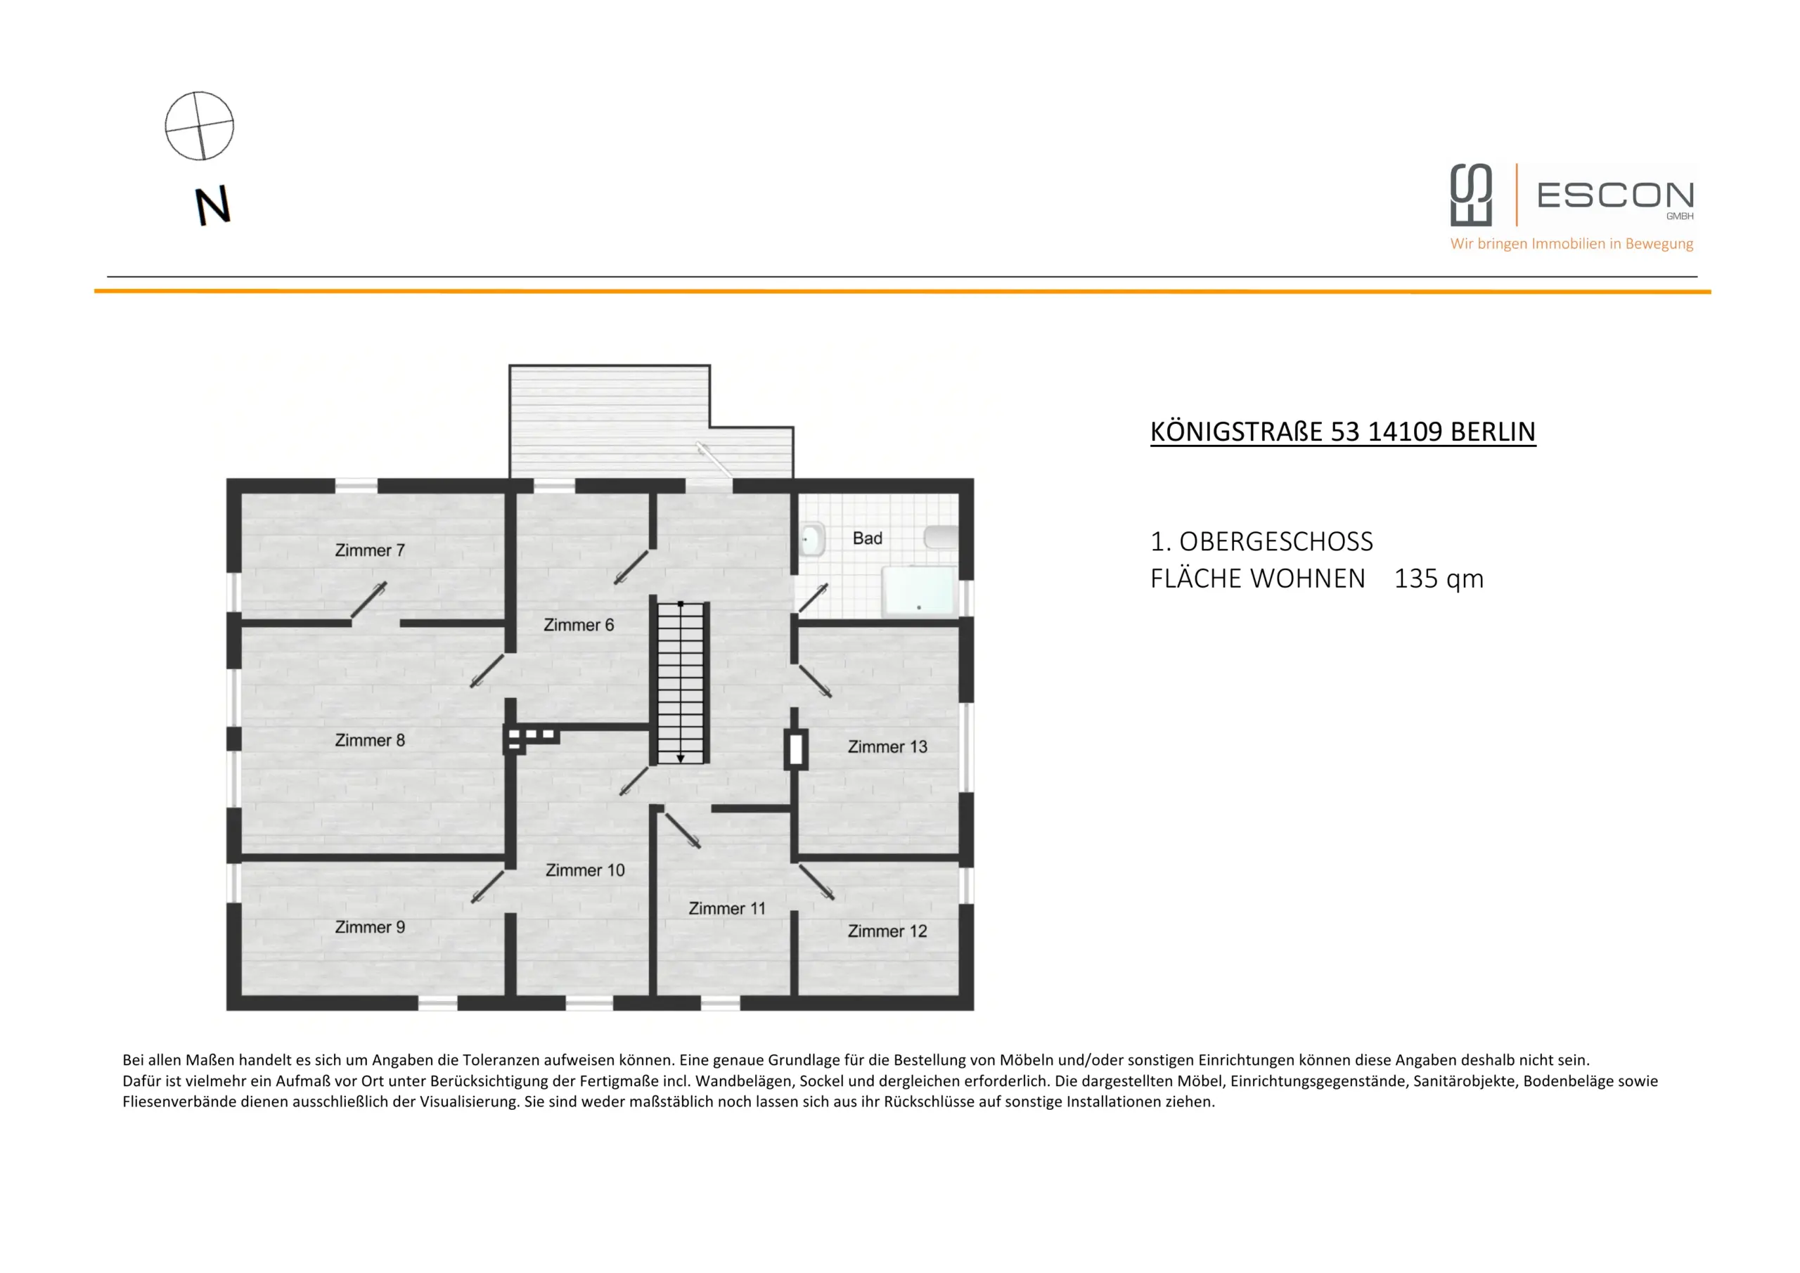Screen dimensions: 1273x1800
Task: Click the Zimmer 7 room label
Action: [x=369, y=550]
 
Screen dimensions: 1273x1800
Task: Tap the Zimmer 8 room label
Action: [x=369, y=740]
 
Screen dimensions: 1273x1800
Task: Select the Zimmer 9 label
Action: [x=369, y=927]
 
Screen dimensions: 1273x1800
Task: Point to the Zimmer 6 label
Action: [x=579, y=625]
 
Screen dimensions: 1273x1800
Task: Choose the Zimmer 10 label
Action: [x=585, y=870]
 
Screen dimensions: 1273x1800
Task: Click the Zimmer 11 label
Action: [x=727, y=908]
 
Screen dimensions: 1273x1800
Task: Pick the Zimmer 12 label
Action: [x=887, y=931]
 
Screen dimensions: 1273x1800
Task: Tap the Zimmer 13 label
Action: [x=887, y=747]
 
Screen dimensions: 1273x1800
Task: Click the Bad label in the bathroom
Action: [x=867, y=538]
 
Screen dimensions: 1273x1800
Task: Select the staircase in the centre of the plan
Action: [x=681, y=682]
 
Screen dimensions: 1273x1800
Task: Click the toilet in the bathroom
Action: [x=812, y=539]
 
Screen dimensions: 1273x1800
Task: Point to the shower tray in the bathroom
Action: [x=919, y=592]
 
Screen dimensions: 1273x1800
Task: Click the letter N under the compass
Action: [x=212, y=205]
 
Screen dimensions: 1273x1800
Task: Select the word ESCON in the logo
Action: [x=1615, y=195]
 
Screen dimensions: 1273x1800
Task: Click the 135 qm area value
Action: [x=1439, y=579]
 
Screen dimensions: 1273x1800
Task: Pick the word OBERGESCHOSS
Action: [x=1275, y=542]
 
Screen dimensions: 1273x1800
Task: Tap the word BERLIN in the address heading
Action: [x=1493, y=432]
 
